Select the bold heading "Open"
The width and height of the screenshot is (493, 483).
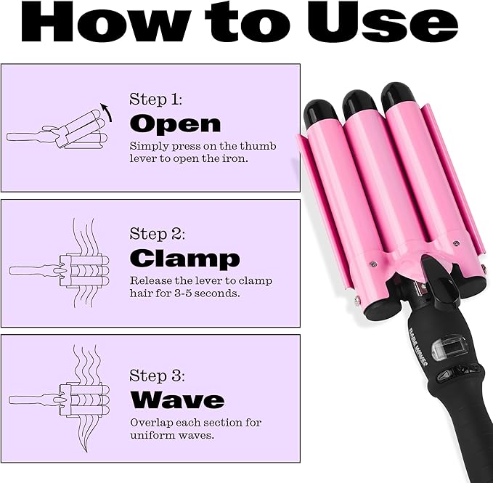174,123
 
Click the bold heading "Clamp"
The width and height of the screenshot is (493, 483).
184,258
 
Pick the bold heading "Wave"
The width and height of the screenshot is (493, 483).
176,399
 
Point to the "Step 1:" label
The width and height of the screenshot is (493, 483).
155,99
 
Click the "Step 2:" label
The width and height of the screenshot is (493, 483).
156,234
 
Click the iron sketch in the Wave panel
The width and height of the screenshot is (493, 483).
69,399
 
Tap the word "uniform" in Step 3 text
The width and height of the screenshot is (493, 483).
153,435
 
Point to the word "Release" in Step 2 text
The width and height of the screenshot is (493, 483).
152,280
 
